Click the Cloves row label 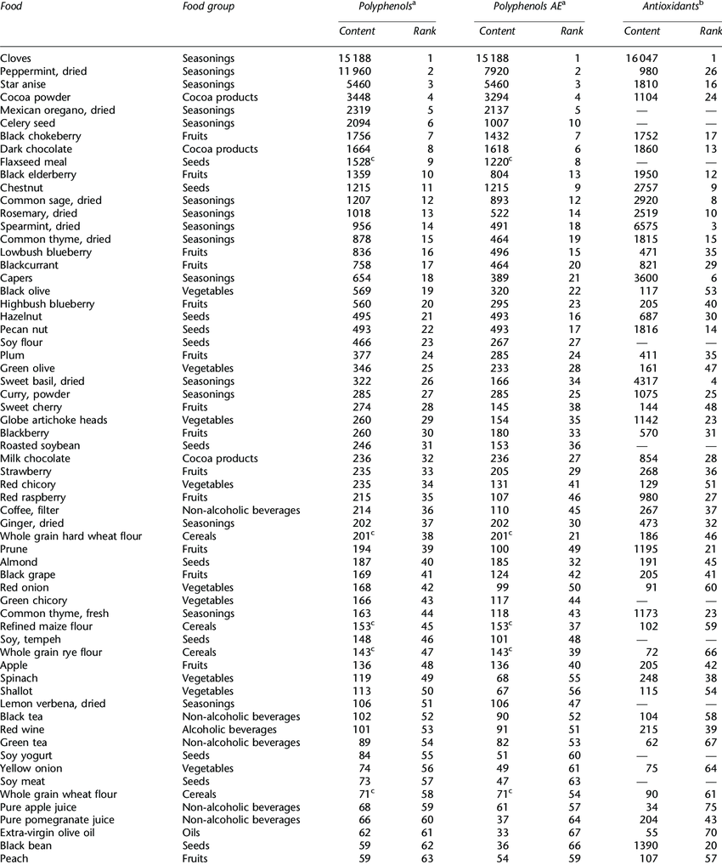pyautogui.click(x=17, y=59)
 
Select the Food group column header pyautogui.click(x=208, y=7)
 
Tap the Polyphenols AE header pyautogui.click(x=519, y=7)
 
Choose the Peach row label pyautogui.click(x=14, y=859)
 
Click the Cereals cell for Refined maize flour pyautogui.click(x=200, y=627)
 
